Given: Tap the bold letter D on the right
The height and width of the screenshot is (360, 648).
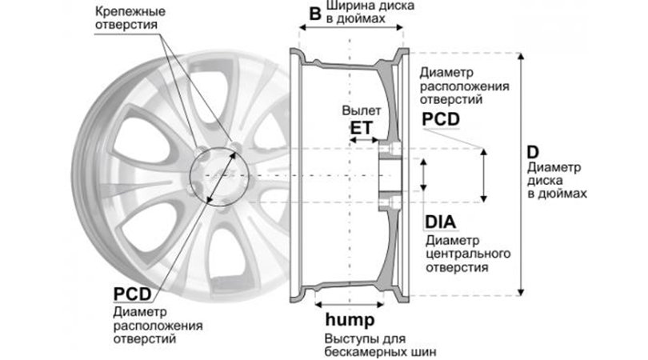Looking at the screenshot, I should click(x=533, y=153).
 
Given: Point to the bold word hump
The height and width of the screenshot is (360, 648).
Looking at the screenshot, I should click(x=350, y=321).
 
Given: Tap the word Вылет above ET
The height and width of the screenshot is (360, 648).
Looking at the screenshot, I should click(x=358, y=109).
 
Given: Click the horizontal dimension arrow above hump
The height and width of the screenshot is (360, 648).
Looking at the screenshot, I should click(x=347, y=305).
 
